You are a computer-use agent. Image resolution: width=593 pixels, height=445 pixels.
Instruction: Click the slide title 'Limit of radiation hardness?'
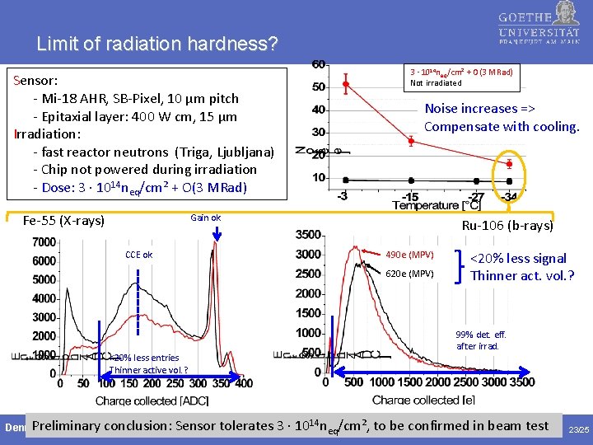pos(157,42)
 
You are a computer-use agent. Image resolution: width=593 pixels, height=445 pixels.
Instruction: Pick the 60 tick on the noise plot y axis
pos(317,64)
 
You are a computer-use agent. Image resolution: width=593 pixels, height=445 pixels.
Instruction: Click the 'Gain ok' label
pos(205,218)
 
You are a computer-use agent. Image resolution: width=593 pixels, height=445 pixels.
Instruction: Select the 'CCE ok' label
pos(138,255)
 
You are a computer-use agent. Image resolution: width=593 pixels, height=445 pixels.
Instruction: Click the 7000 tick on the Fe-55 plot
pos(44,242)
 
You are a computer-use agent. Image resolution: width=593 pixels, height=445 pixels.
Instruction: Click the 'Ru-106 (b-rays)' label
pos(507,226)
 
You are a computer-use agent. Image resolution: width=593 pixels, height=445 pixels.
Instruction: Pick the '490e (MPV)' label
pos(409,254)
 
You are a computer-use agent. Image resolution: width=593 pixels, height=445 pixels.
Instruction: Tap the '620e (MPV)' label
pos(409,274)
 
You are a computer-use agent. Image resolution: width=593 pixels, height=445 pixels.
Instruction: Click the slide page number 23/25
pos(579,429)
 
